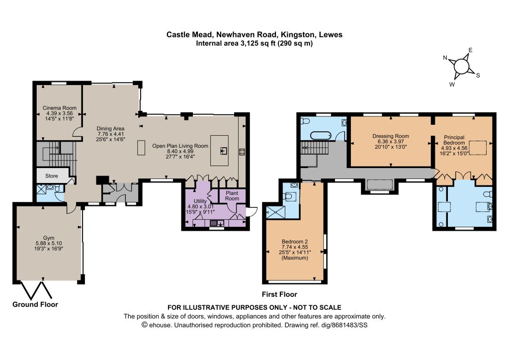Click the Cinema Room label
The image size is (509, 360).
coord(60,108)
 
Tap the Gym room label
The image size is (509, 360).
coord(49,238)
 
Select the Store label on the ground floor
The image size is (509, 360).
coord(52,176)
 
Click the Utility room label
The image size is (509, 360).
coord(200,201)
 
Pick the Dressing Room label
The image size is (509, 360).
coord(391,136)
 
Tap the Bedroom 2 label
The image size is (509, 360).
coord(295,242)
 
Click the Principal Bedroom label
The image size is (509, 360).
coord(454,140)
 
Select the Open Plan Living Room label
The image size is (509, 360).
coord(180,146)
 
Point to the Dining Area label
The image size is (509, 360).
coord(110,129)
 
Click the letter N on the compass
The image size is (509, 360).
coord(445,58)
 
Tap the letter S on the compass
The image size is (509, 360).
coord(478,76)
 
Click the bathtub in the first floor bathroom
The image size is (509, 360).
coord(321,135)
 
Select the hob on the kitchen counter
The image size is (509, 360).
coord(242,152)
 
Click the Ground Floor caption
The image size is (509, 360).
coord(35,304)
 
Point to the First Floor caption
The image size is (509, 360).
coord(279,294)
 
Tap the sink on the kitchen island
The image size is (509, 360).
coord(224,151)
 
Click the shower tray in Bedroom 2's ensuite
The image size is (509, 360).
coord(276,212)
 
